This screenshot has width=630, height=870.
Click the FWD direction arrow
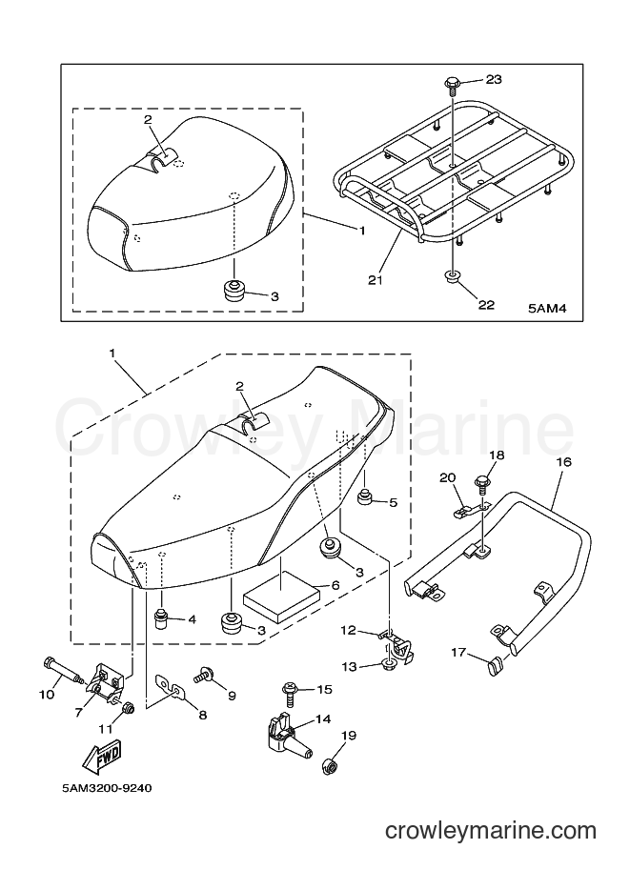tap(102, 755)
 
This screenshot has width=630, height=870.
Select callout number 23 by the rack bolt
tap(494, 79)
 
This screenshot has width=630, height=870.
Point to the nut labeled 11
tap(127, 709)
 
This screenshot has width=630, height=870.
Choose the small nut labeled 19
tap(329, 767)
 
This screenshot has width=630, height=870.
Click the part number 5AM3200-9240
tap(106, 788)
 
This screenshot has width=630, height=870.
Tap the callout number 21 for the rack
tap(376, 280)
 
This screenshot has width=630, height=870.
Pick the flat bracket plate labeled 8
tap(170, 686)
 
